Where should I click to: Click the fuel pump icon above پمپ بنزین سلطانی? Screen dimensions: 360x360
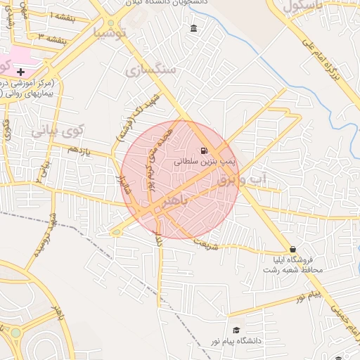coord(204,150)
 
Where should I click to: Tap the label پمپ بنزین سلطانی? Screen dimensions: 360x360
coord(198,161)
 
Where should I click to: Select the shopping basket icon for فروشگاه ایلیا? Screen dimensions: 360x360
coord(292,249)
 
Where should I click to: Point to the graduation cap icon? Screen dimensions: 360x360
coord(236,330)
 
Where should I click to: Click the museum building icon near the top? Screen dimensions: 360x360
coord(193,28)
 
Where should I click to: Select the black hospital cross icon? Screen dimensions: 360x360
coord(21,71)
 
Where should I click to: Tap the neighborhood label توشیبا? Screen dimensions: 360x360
coord(112,32)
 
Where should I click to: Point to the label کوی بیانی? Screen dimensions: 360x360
coord(57,130)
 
